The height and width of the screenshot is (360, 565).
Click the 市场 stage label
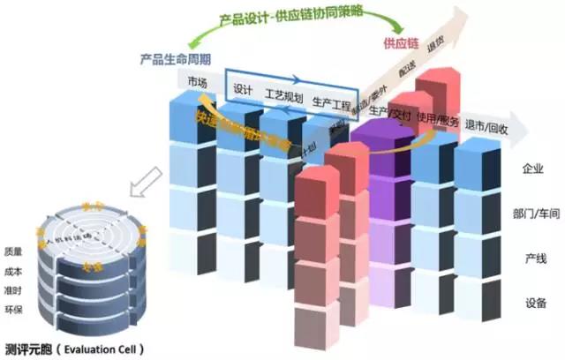[199, 83]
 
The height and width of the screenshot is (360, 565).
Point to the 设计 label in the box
[244, 90]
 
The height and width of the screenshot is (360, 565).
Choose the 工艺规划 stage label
[283, 97]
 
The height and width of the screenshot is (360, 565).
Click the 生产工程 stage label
[333, 104]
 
